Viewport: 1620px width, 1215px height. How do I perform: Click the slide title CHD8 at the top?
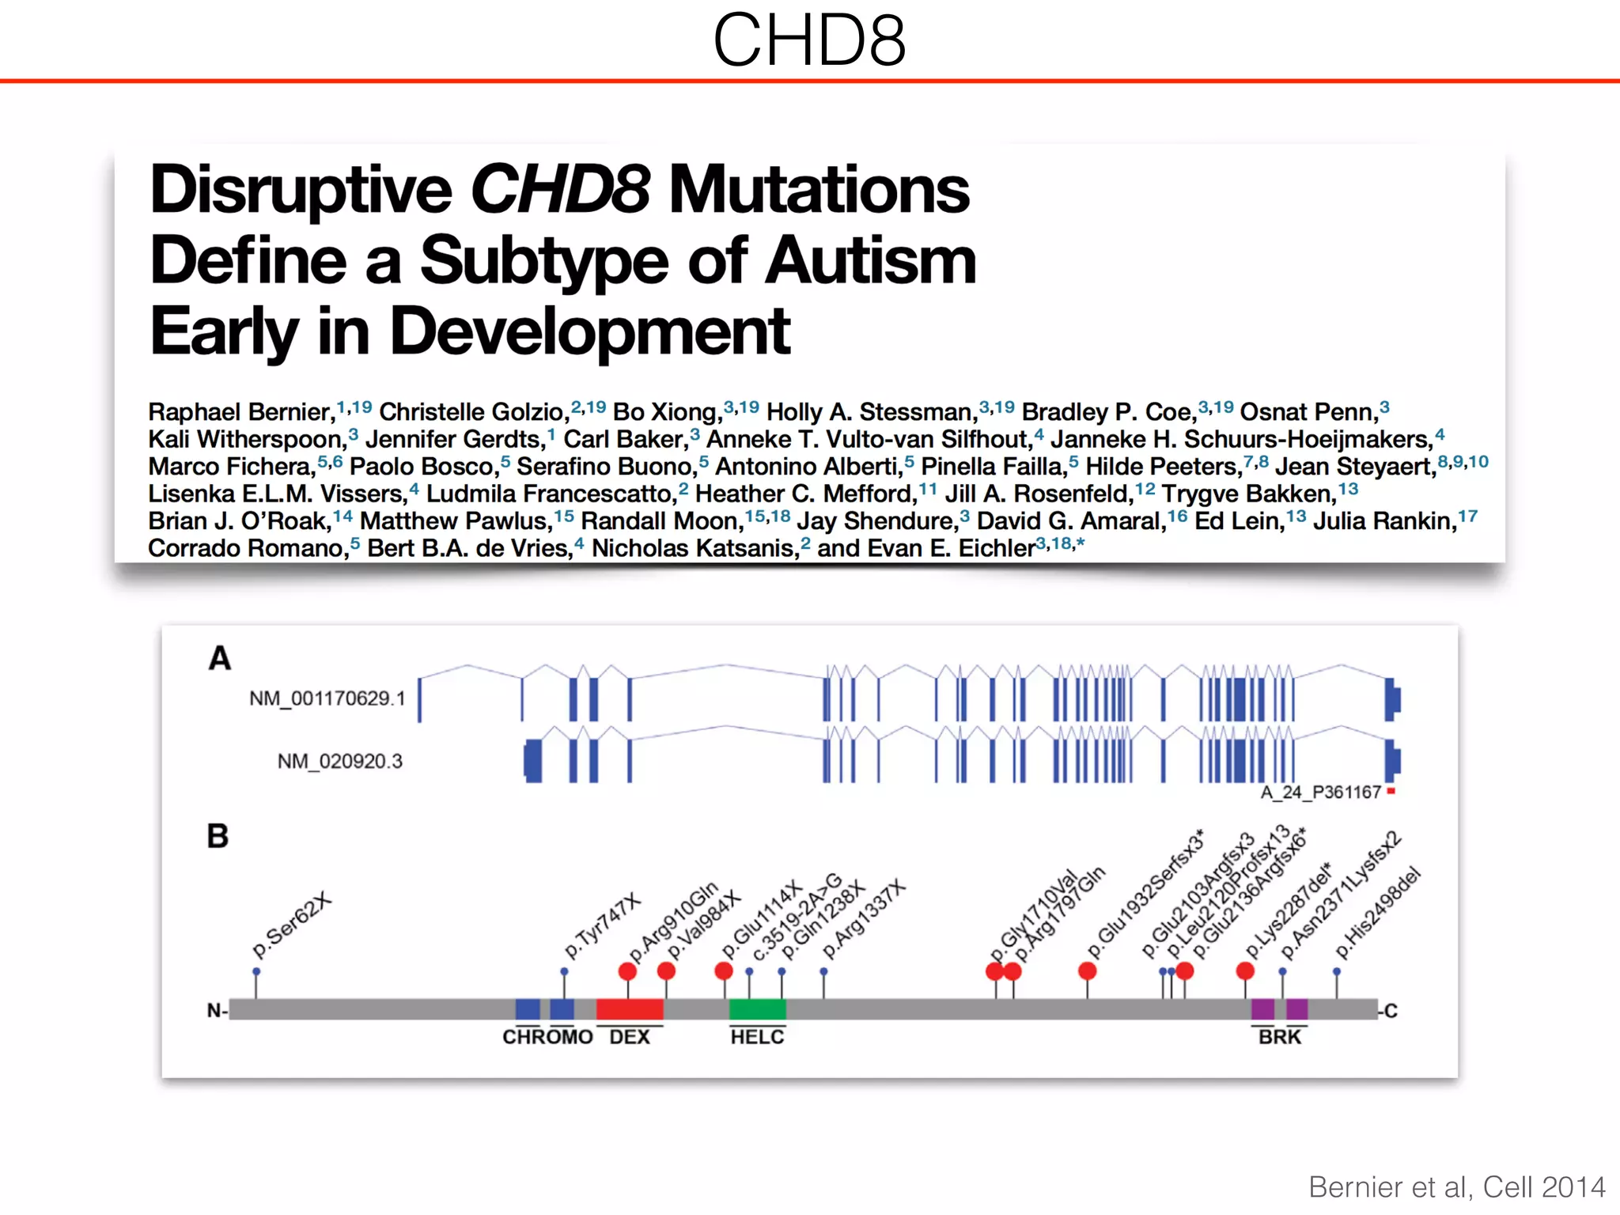pyautogui.click(x=809, y=41)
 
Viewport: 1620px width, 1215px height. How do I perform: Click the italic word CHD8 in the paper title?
pyautogui.click(x=560, y=190)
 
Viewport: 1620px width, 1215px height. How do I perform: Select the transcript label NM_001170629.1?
pyautogui.click(x=327, y=698)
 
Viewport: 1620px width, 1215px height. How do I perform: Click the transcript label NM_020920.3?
pyautogui.click(x=339, y=761)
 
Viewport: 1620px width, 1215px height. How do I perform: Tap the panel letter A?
pyautogui.click(x=220, y=658)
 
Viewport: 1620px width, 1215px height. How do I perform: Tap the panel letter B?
pyautogui.click(x=218, y=836)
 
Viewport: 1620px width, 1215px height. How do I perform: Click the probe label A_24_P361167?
pyautogui.click(x=1320, y=792)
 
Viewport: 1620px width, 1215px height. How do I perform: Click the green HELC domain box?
pyautogui.click(x=757, y=1009)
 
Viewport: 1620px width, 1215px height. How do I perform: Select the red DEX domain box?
pyautogui.click(x=630, y=1009)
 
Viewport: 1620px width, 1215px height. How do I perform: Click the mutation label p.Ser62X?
pyautogui.click(x=292, y=925)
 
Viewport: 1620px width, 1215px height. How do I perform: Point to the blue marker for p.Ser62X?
pyautogui.click(x=256, y=971)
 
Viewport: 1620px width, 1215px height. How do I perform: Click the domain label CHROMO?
pyautogui.click(x=547, y=1037)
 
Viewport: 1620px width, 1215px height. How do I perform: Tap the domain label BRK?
pyautogui.click(x=1279, y=1037)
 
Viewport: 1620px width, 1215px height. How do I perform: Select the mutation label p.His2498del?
pyautogui.click(x=1378, y=914)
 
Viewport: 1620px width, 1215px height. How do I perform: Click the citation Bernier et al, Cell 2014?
pyautogui.click(x=1456, y=1187)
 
